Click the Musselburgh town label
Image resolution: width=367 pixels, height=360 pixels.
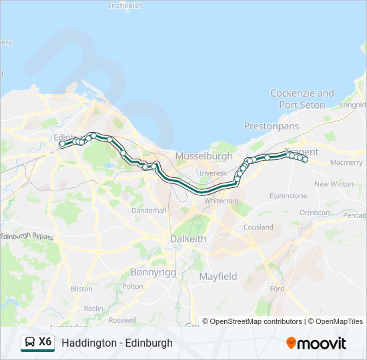[204, 156]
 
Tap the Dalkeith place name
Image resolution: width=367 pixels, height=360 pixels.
[188, 239]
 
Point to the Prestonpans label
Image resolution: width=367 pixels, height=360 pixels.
[269, 125]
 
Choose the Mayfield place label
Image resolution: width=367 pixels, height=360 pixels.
[218, 276]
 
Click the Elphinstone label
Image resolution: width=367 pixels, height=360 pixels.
[288, 196]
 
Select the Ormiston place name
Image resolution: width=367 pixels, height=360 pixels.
[315, 213]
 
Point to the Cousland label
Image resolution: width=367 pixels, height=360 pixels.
[258, 227]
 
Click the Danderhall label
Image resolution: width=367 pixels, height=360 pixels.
[149, 210]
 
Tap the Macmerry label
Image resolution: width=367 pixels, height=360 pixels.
[346, 163]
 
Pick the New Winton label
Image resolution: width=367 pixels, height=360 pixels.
[334, 184]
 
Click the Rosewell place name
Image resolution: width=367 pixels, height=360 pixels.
[122, 320]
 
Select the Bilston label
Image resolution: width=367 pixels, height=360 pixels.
[81, 289]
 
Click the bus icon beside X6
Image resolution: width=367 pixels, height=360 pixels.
[30, 343]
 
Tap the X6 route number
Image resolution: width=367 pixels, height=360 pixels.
[45, 342]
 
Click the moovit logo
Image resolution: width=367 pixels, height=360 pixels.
[316, 343]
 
